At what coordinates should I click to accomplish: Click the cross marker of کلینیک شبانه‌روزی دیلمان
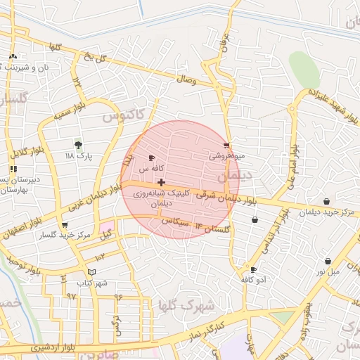(162, 182)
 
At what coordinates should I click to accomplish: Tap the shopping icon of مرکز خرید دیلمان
(326, 202)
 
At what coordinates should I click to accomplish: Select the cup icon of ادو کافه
(253, 269)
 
